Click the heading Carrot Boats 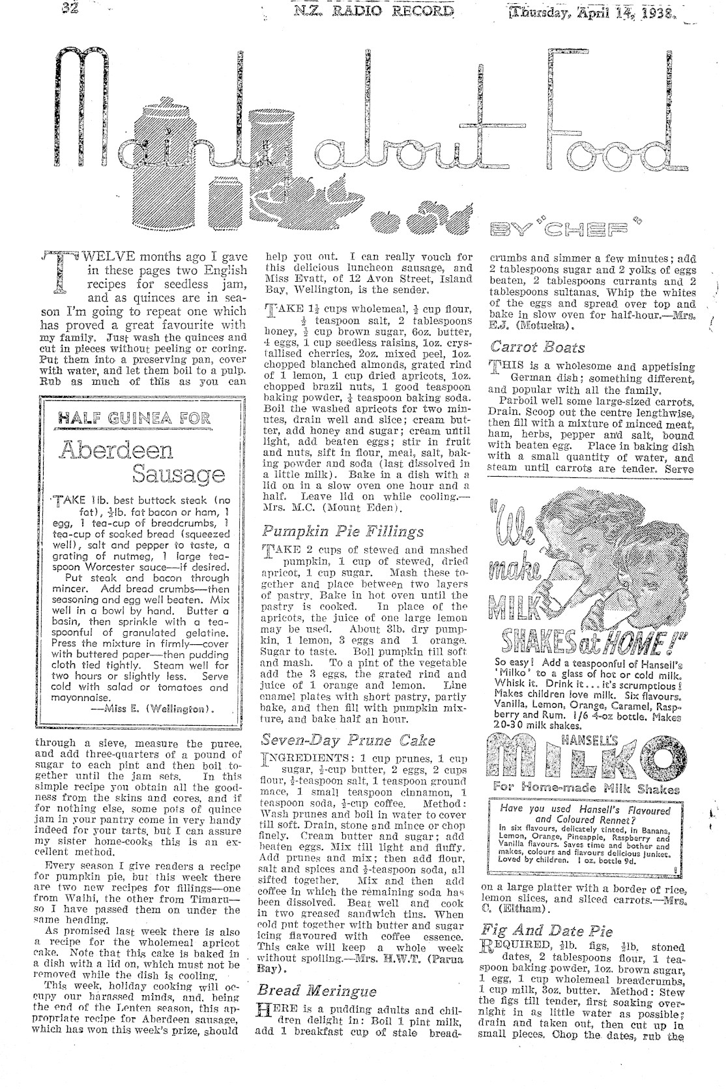point(537,348)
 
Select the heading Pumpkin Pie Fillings point(333,531)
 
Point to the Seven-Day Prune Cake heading point(338,740)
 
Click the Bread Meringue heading point(316,991)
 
